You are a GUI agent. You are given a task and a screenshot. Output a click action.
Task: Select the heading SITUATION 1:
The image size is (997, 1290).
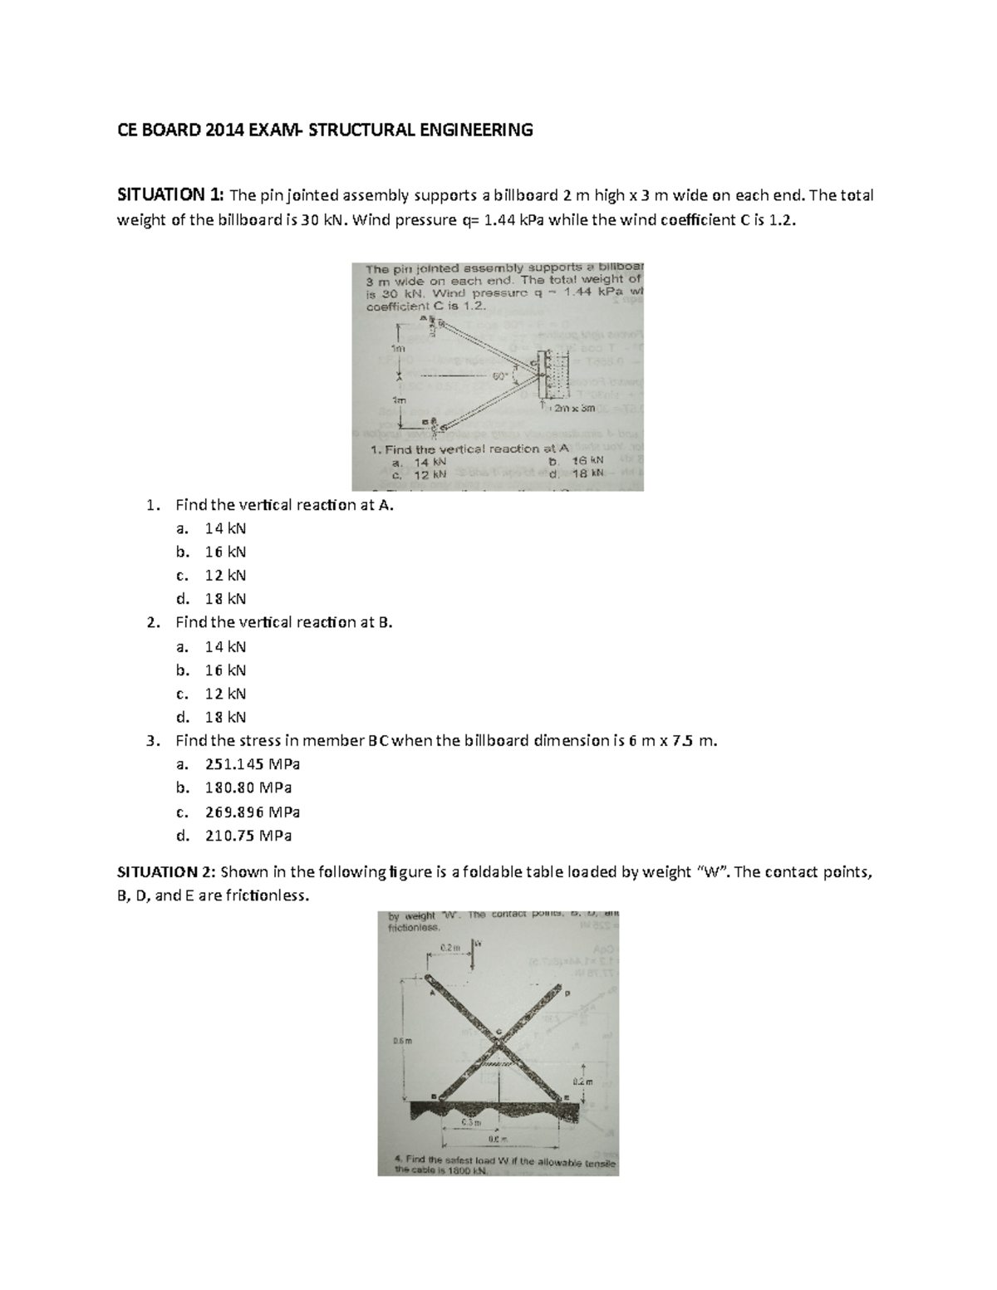coord(169,196)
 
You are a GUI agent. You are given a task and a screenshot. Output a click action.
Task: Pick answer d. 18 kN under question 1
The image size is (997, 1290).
coord(225,599)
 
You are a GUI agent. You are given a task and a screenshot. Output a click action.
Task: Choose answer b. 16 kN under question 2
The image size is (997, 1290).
coord(225,670)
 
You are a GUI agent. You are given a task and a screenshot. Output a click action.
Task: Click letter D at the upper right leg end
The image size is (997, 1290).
coord(568,993)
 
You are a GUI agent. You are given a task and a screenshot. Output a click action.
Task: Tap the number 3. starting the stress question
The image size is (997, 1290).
coord(150,741)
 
